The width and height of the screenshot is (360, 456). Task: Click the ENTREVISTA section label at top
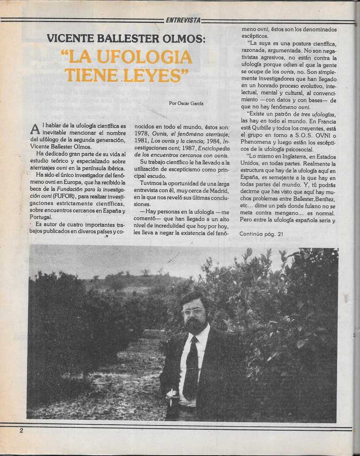tap(183, 20)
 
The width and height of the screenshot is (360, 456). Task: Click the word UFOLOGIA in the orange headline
tap(142, 57)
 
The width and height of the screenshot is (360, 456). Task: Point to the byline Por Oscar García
tap(186, 103)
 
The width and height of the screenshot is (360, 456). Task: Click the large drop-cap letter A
tap(35, 129)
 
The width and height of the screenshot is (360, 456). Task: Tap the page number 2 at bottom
tap(21, 430)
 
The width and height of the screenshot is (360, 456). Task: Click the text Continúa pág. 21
tap(261, 234)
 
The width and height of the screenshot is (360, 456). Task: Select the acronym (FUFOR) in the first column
tap(65, 196)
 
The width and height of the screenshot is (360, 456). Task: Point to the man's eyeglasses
tap(192, 312)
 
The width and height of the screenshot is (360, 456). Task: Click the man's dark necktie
tap(191, 365)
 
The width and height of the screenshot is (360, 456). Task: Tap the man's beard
tap(195, 325)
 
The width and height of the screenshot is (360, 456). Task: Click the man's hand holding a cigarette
tap(171, 395)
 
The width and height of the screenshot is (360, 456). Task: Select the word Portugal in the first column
tap(41, 217)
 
